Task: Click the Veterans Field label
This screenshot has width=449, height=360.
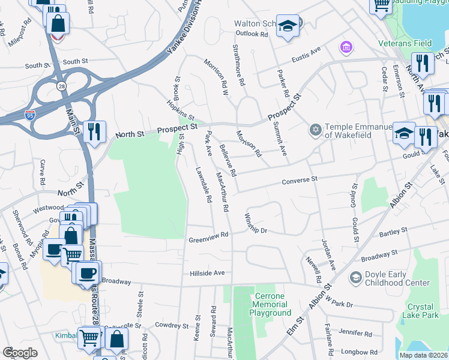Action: click(405, 43)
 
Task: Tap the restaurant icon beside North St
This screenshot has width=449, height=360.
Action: click(94, 131)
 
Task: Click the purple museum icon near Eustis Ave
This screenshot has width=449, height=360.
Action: click(345, 46)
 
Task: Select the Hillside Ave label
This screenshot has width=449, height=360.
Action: click(206, 272)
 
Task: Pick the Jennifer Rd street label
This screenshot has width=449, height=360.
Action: click(355, 332)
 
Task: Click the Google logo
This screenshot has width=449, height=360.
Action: click(20, 352)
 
